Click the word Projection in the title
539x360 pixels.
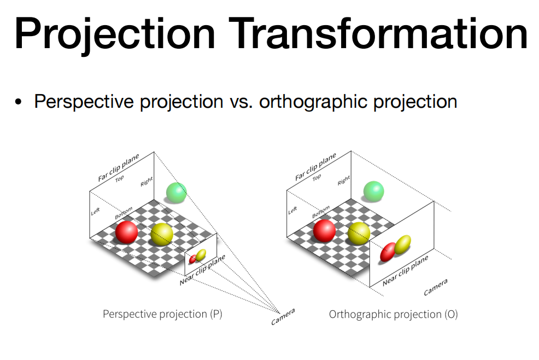tap(115, 34)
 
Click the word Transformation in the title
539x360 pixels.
tap(378, 33)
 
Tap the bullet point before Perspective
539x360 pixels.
tap(18, 102)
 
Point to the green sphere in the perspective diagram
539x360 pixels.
tap(177, 193)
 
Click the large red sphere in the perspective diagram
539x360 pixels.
tap(126, 233)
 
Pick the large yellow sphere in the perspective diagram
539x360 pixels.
tap(162, 234)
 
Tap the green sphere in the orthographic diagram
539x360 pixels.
tap(374, 191)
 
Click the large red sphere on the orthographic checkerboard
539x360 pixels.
tap(324, 230)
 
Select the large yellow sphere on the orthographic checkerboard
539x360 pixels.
tap(359, 234)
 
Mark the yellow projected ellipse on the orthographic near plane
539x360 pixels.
tap(402, 245)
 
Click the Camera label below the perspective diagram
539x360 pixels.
tap(283, 317)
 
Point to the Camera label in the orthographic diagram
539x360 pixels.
tap(436, 287)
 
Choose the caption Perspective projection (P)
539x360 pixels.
tap(162, 314)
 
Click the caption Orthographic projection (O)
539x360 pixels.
tap(393, 315)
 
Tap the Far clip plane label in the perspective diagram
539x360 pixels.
tap(119, 167)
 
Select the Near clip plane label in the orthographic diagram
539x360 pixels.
tap(406, 270)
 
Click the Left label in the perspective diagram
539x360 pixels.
tap(95, 211)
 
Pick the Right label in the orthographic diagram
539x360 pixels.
tap(344, 181)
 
